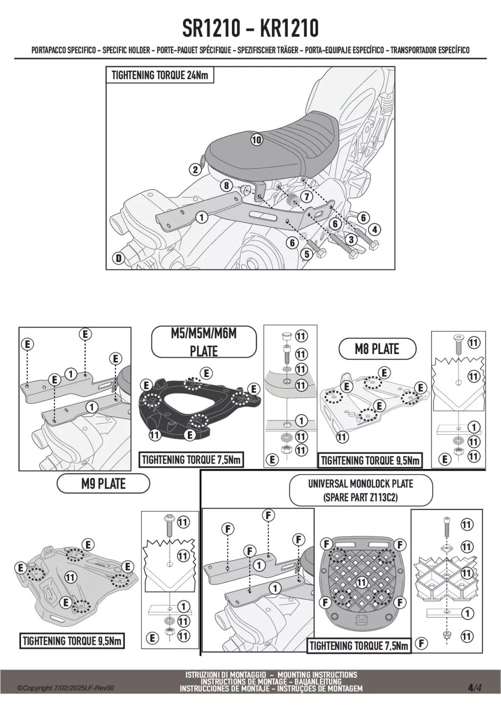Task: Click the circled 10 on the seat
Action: (256, 139)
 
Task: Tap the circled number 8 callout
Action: (226, 185)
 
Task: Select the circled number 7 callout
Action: (306, 197)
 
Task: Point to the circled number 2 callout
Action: (196, 170)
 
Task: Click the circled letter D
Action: (118, 259)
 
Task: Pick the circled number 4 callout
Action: (374, 229)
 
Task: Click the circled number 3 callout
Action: (351, 240)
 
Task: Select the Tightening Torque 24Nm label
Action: (159, 75)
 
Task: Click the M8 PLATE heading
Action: (377, 349)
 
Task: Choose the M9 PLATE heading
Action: (103, 484)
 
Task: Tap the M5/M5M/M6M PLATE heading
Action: (204, 342)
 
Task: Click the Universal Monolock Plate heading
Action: (361, 490)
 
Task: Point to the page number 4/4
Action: (475, 688)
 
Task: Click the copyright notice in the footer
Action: (66, 688)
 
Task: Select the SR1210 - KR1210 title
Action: (250, 28)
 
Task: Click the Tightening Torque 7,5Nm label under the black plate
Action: (191, 460)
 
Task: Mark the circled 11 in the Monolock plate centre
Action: (361, 582)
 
